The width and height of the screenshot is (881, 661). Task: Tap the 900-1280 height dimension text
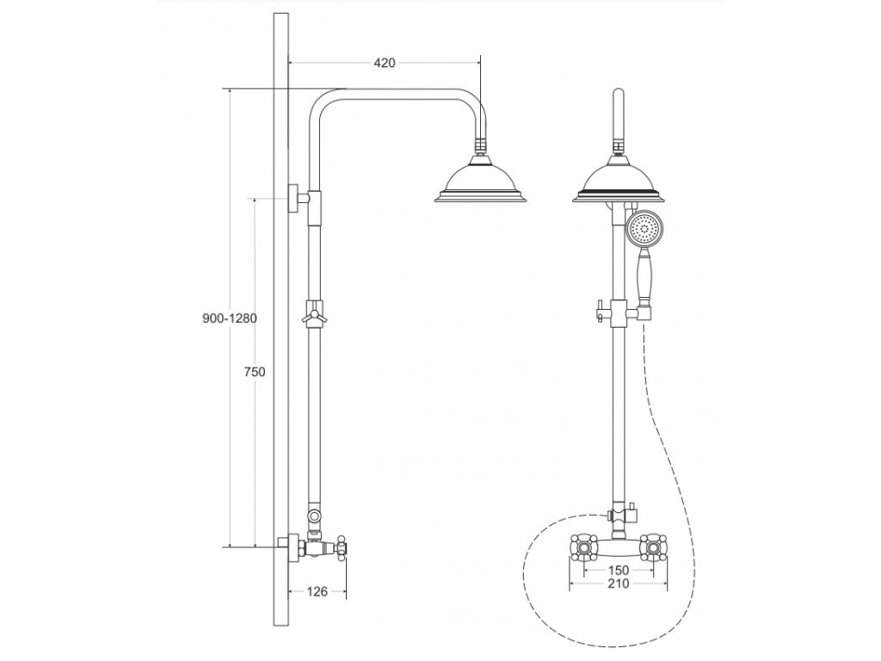point(228,318)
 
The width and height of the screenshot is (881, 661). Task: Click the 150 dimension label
point(619,570)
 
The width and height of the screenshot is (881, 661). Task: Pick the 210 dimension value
point(619,584)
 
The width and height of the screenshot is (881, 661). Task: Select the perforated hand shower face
point(644,229)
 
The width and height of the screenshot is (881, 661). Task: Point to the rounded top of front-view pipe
point(619,95)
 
